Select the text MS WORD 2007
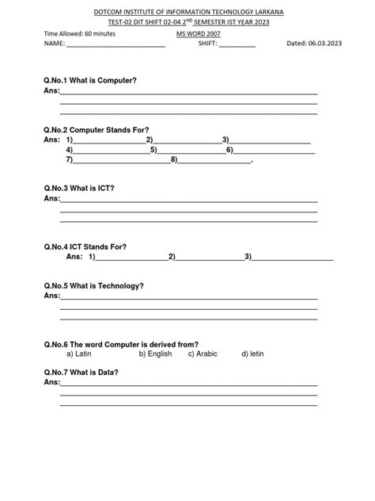(198, 36)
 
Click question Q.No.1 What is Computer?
(91, 81)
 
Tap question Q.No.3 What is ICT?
(79, 188)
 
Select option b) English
(155, 354)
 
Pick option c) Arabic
(203, 354)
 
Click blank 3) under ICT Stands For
(293, 257)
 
